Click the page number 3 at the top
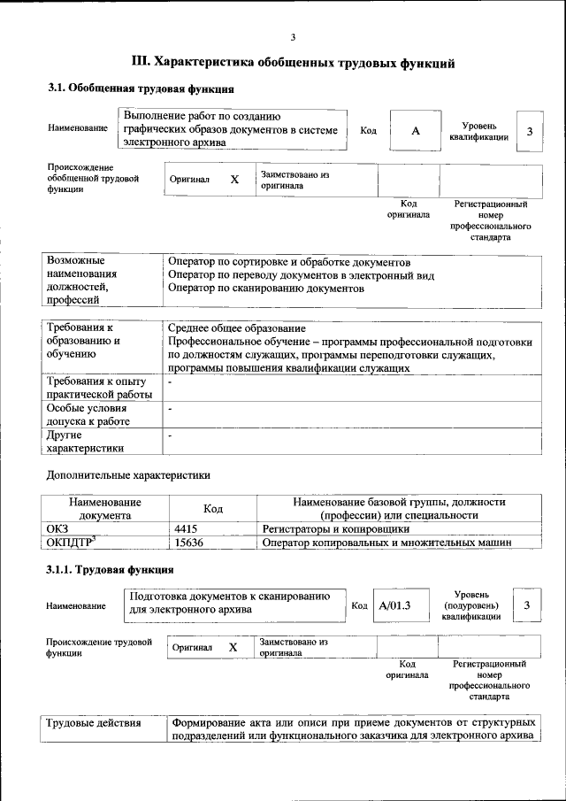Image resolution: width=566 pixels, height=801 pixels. [293, 36]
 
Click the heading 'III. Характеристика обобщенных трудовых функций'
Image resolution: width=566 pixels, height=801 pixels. [293, 63]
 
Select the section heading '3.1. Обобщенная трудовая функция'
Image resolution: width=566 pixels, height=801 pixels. [140, 89]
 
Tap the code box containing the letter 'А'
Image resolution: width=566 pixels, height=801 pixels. [415, 131]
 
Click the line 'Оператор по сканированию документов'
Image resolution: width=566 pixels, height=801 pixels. [265, 289]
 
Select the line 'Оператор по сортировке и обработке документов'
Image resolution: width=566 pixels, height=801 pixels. [288, 263]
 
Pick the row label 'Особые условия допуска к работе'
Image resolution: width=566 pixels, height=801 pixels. [88, 415]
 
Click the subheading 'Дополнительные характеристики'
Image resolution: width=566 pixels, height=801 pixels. [128, 475]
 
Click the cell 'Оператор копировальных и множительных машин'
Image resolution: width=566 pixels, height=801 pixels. [387, 543]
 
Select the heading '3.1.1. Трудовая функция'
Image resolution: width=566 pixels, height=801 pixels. [110, 569]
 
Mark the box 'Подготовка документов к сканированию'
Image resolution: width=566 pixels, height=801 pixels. [234, 602]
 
